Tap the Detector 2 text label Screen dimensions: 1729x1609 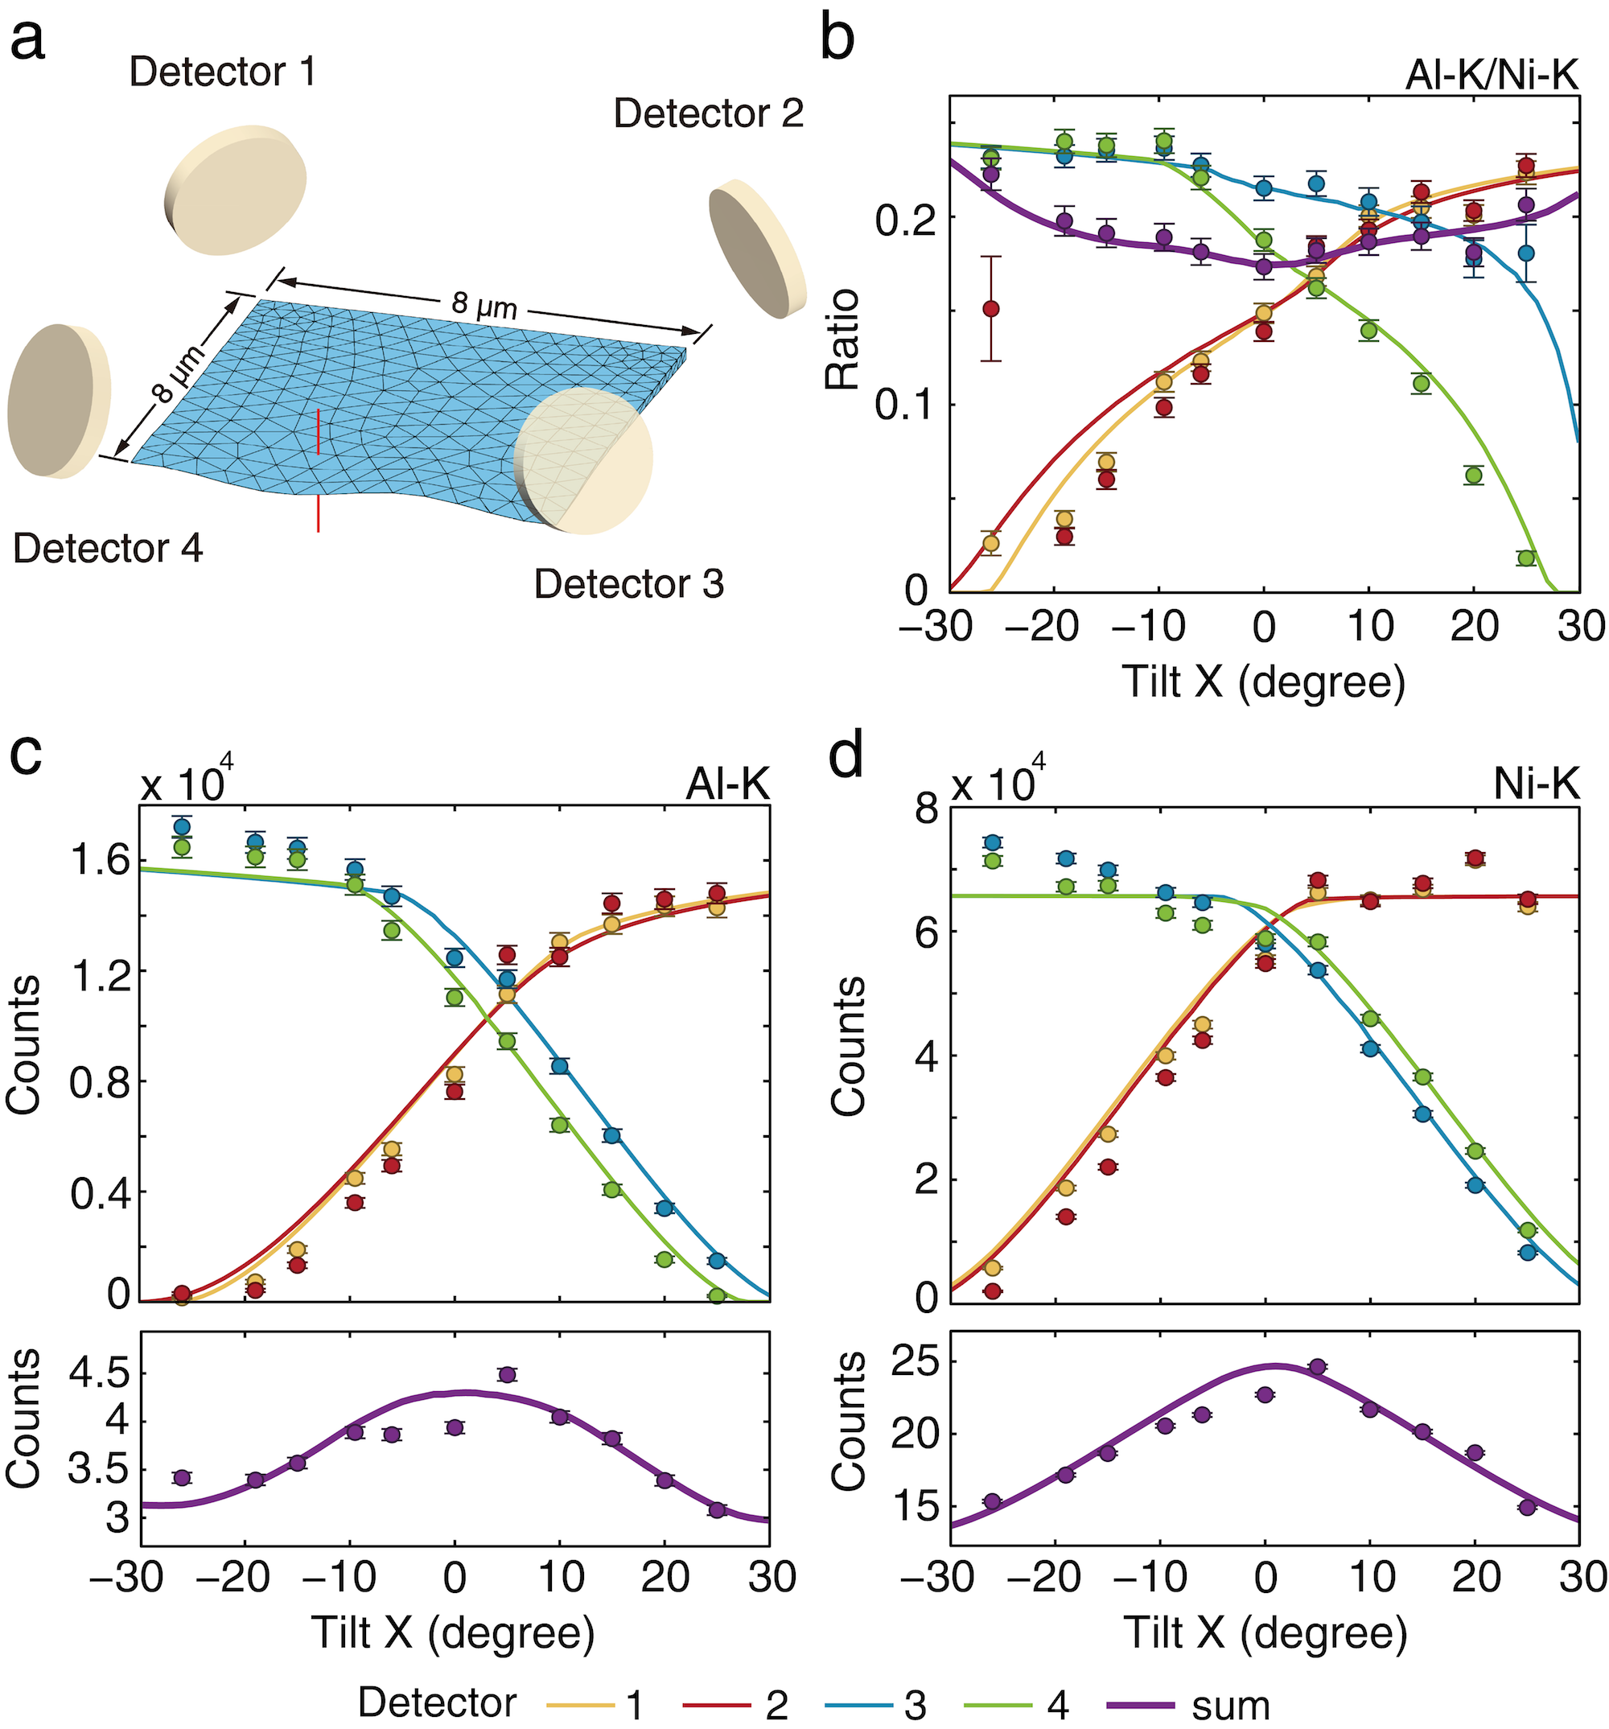[708, 114]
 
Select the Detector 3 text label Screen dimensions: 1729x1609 [628, 584]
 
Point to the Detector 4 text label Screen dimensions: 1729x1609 [108, 549]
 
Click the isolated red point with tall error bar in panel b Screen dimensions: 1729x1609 [990, 309]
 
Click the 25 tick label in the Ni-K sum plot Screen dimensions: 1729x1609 [919, 1364]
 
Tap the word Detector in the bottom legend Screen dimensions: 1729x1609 [437, 1703]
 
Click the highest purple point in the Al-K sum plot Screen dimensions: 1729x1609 [507, 1374]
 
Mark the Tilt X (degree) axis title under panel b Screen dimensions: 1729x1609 [1263, 683]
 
